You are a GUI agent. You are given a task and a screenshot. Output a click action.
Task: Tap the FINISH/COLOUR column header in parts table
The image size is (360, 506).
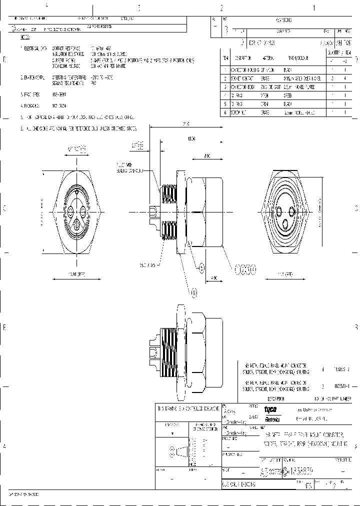296,58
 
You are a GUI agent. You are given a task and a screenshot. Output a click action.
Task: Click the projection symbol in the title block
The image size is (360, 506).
178,452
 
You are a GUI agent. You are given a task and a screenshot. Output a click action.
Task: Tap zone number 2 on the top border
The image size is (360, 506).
220,8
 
